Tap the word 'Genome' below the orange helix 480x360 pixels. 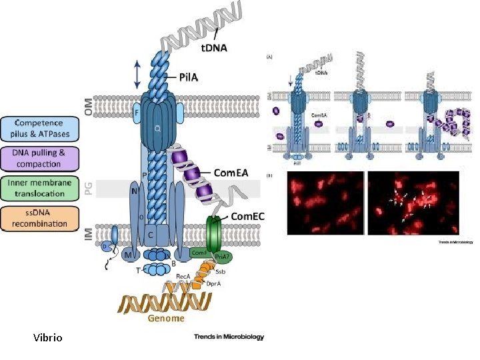click(x=166, y=318)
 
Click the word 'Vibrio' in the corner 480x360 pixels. click(x=47, y=338)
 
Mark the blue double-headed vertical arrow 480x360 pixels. click(x=137, y=73)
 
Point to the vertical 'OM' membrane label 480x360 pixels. click(x=88, y=105)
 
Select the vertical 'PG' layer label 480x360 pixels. click(x=88, y=189)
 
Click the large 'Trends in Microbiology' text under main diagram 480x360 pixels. click(x=229, y=337)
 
